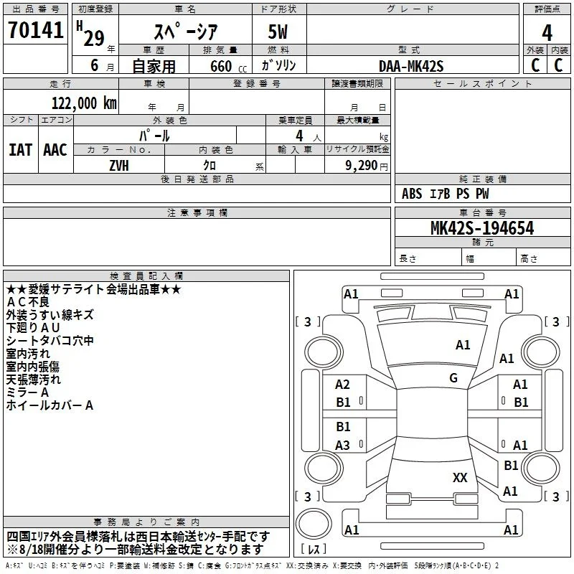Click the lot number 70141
35,29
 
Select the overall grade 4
547,33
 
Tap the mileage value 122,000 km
84,103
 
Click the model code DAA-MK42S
411,66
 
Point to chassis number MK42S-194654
482,228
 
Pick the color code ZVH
119,166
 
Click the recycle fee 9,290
362,166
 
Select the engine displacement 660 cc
229,66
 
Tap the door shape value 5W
278,32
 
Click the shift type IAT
21,150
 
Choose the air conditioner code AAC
55,150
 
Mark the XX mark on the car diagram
460,477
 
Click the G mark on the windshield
453,377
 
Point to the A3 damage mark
343,445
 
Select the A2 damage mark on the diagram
343,385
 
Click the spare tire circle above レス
314,524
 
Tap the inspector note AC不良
28,302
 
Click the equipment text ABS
412,193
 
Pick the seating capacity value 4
299,136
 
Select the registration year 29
94,38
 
